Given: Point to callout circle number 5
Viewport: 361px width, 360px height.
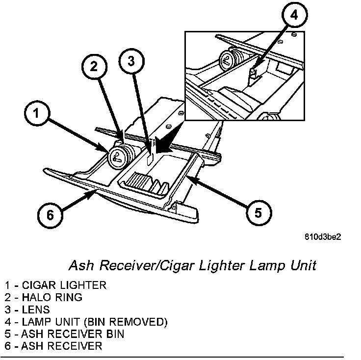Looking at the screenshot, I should tap(258, 212).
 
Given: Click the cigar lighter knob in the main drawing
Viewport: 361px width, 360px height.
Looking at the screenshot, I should tap(118, 156).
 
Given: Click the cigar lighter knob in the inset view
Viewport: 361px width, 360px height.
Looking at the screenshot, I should tap(228, 60).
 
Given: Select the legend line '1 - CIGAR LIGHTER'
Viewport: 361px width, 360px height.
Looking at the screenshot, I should tap(55, 285).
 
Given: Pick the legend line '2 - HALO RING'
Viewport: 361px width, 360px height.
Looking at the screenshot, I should tap(44, 297).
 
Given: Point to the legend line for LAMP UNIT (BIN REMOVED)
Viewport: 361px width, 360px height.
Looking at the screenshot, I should tap(86, 322).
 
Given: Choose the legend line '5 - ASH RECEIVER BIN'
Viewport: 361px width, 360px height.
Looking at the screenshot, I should tap(64, 334).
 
